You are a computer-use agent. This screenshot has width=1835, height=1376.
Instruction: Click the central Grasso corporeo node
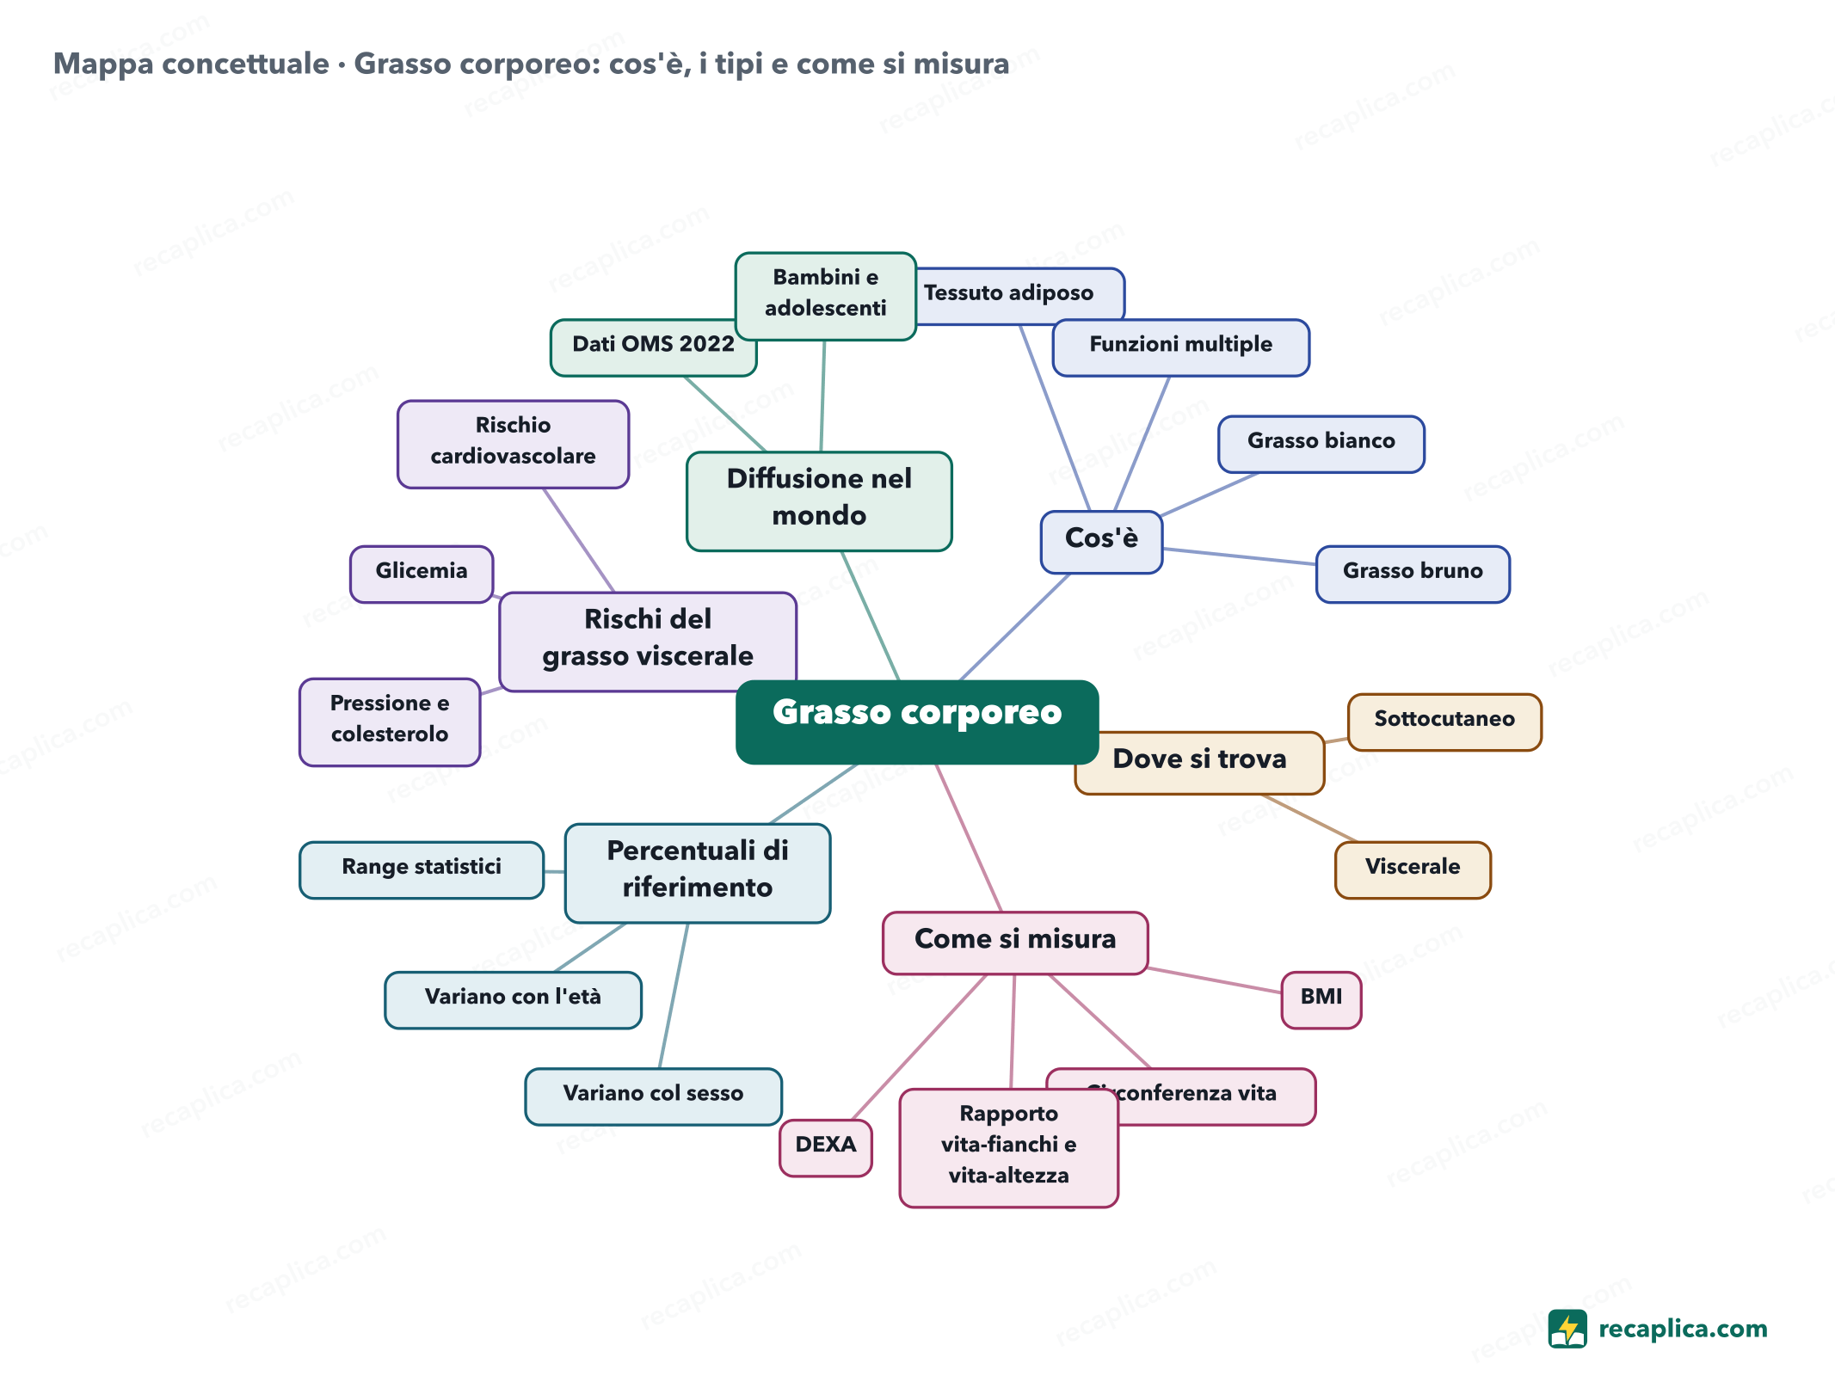(x=917, y=722)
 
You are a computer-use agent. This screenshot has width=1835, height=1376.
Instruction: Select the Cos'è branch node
(x=1101, y=542)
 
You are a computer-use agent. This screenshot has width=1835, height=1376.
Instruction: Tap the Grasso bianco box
(x=1321, y=444)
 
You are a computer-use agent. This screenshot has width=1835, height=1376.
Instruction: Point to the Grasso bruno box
(x=1413, y=574)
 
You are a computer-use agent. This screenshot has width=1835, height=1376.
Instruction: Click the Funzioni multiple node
(x=1180, y=347)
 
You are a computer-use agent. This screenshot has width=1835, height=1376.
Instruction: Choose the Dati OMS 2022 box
(x=653, y=347)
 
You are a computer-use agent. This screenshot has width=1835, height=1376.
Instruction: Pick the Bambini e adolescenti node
(x=825, y=296)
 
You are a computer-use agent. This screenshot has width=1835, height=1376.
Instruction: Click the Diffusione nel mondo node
(x=819, y=501)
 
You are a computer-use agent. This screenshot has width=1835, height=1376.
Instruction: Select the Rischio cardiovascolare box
(x=513, y=444)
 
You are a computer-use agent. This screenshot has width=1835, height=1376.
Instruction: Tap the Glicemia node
(x=422, y=574)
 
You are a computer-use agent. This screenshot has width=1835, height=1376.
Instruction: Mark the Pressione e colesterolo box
(x=390, y=722)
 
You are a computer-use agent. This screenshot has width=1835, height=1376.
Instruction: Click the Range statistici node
(x=422, y=869)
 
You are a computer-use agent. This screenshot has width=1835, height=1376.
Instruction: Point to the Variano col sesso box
(x=653, y=1096)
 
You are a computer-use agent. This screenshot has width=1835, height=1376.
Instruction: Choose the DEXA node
(x=825, y=1147)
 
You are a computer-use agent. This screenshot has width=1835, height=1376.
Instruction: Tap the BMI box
(x=1321, y=999)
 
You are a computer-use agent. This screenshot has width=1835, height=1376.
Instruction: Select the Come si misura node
(x=1015, y=943)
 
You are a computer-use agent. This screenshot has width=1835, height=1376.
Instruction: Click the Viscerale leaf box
(x=1413, y=869)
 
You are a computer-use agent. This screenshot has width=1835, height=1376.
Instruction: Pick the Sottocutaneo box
(x=1444, y=722)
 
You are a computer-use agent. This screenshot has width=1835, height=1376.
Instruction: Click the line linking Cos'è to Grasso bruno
(x=1240, y=556)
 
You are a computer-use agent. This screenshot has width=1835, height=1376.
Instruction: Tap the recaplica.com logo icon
(x=1567, y=1329)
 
